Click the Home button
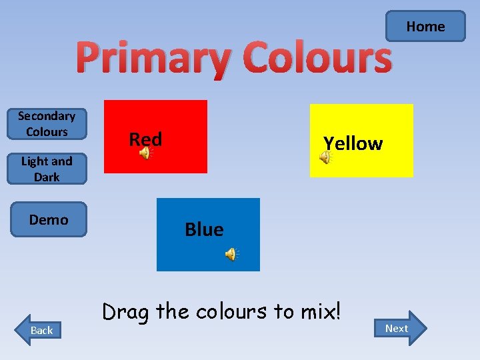[x=425, y=27]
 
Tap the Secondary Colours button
[x=47, y=124]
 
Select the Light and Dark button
[x=47, y=169]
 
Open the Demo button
[x=49, y=219]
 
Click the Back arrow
[x=39, y=329]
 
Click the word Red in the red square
[x=145, y=139]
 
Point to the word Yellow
[x=353, y=143]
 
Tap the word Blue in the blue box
[x=204, y=229]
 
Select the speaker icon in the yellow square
[x=325, y=157]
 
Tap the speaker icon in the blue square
[x=231, y=254]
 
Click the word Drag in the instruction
[x=124, y=311]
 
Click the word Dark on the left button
[x=47, y=177]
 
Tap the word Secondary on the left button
[x=47, y=116]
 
